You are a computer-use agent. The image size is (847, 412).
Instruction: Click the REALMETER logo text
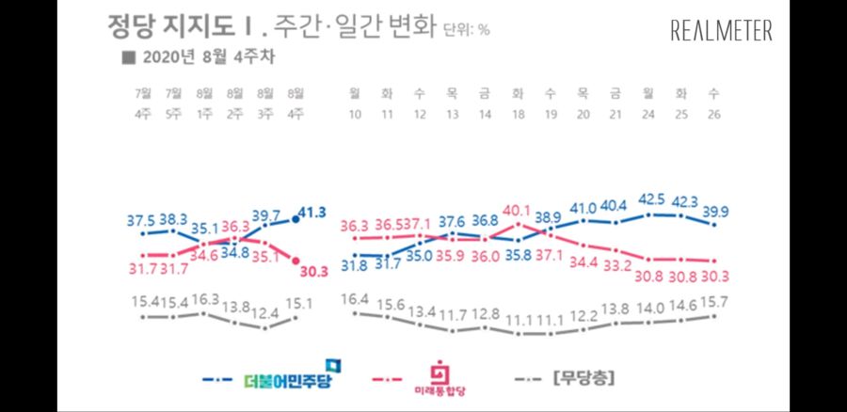(722, 30)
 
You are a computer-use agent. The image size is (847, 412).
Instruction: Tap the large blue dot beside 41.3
(296, 218)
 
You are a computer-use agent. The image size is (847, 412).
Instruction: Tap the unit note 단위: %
(466, 29)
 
